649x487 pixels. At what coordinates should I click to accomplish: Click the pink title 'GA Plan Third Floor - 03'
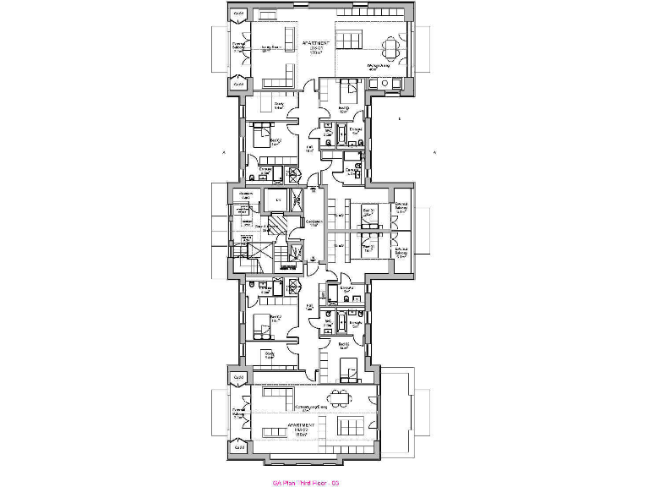305,483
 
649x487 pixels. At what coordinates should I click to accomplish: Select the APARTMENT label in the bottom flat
302,428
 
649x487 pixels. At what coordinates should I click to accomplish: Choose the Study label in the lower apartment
269,355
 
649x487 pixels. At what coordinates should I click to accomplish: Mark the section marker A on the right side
433,153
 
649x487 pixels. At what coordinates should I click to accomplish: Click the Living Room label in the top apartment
270,48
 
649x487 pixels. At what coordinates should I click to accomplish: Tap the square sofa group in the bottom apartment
347,424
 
